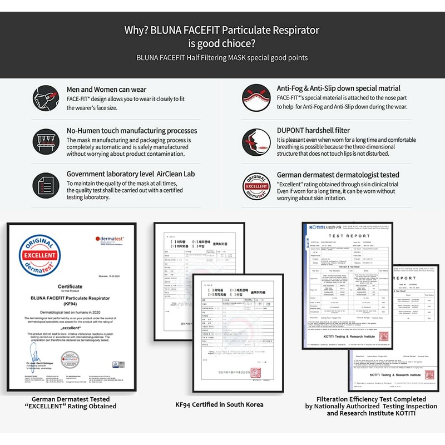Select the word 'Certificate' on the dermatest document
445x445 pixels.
(70, 286)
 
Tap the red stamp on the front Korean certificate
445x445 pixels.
(256, 373)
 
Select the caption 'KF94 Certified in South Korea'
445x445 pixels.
(219, 404)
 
